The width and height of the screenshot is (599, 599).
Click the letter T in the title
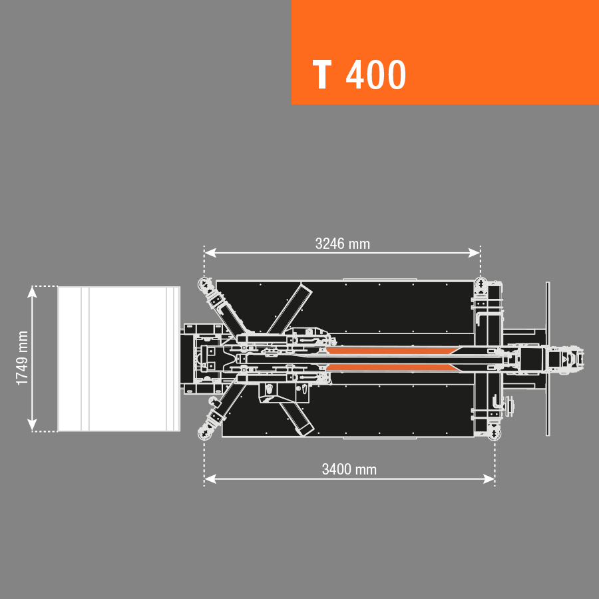[x=321, y=75]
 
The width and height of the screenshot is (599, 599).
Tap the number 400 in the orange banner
[x=376, y=75]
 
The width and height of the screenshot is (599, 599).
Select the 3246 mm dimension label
[x=343, y=244]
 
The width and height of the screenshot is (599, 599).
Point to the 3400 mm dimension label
[x=349, y=469]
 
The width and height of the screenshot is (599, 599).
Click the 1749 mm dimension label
[x=23, y=358]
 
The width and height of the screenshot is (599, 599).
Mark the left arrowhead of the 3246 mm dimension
[x=210, y=253]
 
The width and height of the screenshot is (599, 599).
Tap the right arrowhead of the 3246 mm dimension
[x=474, y=253]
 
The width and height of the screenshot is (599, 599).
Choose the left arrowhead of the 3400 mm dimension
[x=210, y=479]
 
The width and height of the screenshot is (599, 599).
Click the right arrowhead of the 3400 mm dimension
[x=489, y=479]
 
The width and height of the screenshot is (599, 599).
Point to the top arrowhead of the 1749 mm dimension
[x=32, y=292]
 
